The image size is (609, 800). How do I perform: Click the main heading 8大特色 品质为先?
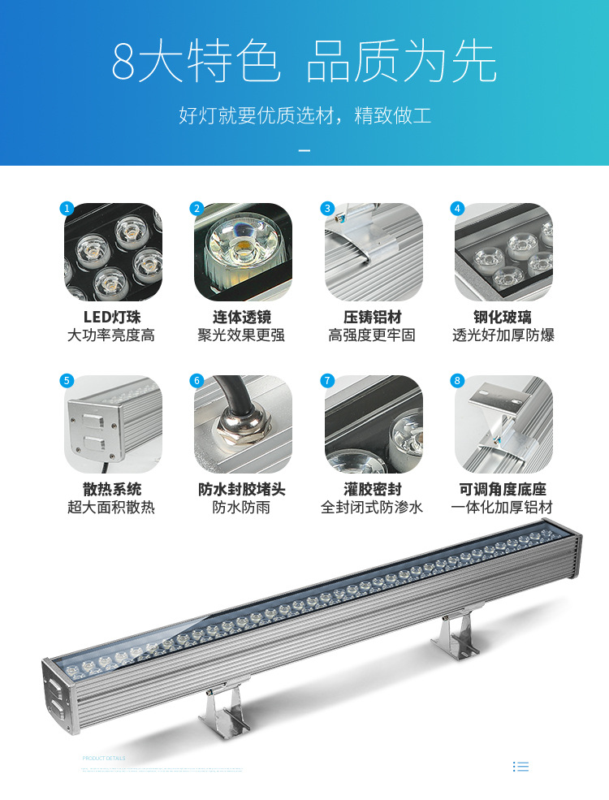click(304, 63)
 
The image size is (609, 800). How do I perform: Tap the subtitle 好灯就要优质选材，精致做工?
click(304, 115)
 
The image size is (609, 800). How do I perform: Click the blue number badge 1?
click(67, 209)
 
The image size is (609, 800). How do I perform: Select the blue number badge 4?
click(457, 209)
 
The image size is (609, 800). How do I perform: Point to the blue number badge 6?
click(197, 381)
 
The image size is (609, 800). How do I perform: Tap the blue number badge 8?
click(457, 381)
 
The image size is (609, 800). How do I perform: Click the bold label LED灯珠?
click(112, 317)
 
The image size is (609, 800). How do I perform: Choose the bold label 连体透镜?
click(242, 317)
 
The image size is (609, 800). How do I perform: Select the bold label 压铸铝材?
click(372, 317)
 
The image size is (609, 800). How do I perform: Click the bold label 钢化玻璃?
click(503, 317)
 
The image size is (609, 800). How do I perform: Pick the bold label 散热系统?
click(112, 489)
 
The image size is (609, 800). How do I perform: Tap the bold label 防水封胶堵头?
click(242, 489)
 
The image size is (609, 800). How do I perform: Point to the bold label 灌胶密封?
click(372, 489)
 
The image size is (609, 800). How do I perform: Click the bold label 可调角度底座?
click(503, 489)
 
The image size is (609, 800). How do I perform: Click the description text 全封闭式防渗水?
click(372, 508)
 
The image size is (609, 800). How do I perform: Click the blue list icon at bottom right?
click(521, 766)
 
